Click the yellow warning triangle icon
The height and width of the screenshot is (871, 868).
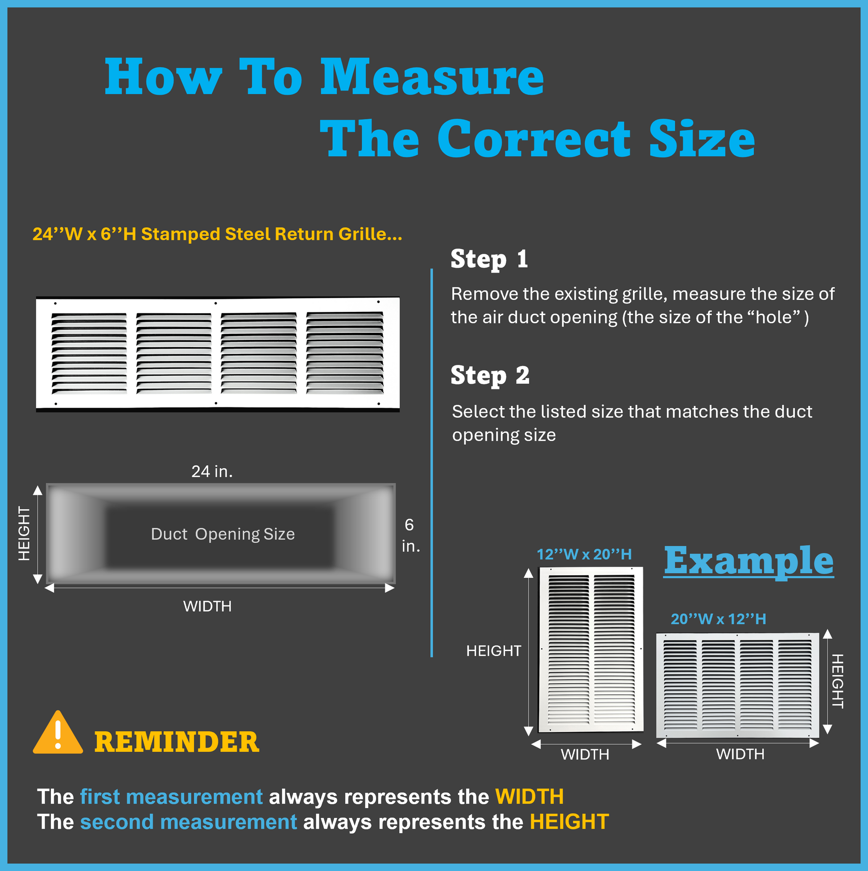(58, 734)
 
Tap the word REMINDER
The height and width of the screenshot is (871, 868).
(177, 742)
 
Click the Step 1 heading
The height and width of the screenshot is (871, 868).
(489, 259)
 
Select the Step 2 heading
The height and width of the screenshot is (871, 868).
(490, 376)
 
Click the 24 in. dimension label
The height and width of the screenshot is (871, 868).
(212, 472)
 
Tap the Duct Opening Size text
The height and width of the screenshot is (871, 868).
(223, 534)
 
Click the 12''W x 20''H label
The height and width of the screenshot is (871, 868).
(584, 554)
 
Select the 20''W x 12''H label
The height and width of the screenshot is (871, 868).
(719, 619)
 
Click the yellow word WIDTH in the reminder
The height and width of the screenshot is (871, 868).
(529, 797)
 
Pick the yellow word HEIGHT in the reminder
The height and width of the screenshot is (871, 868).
(569, 822)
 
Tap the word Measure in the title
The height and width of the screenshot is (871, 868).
(432, 77)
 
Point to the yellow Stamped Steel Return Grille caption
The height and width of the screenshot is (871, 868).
(217, 234)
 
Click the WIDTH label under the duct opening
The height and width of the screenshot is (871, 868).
(207, 606)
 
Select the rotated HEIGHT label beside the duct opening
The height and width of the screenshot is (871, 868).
(24, 534)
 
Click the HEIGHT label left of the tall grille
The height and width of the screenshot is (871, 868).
(493, 651)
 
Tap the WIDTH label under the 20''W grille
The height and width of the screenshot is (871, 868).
(740, 754)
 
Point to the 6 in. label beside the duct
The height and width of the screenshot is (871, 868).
(410, 535)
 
